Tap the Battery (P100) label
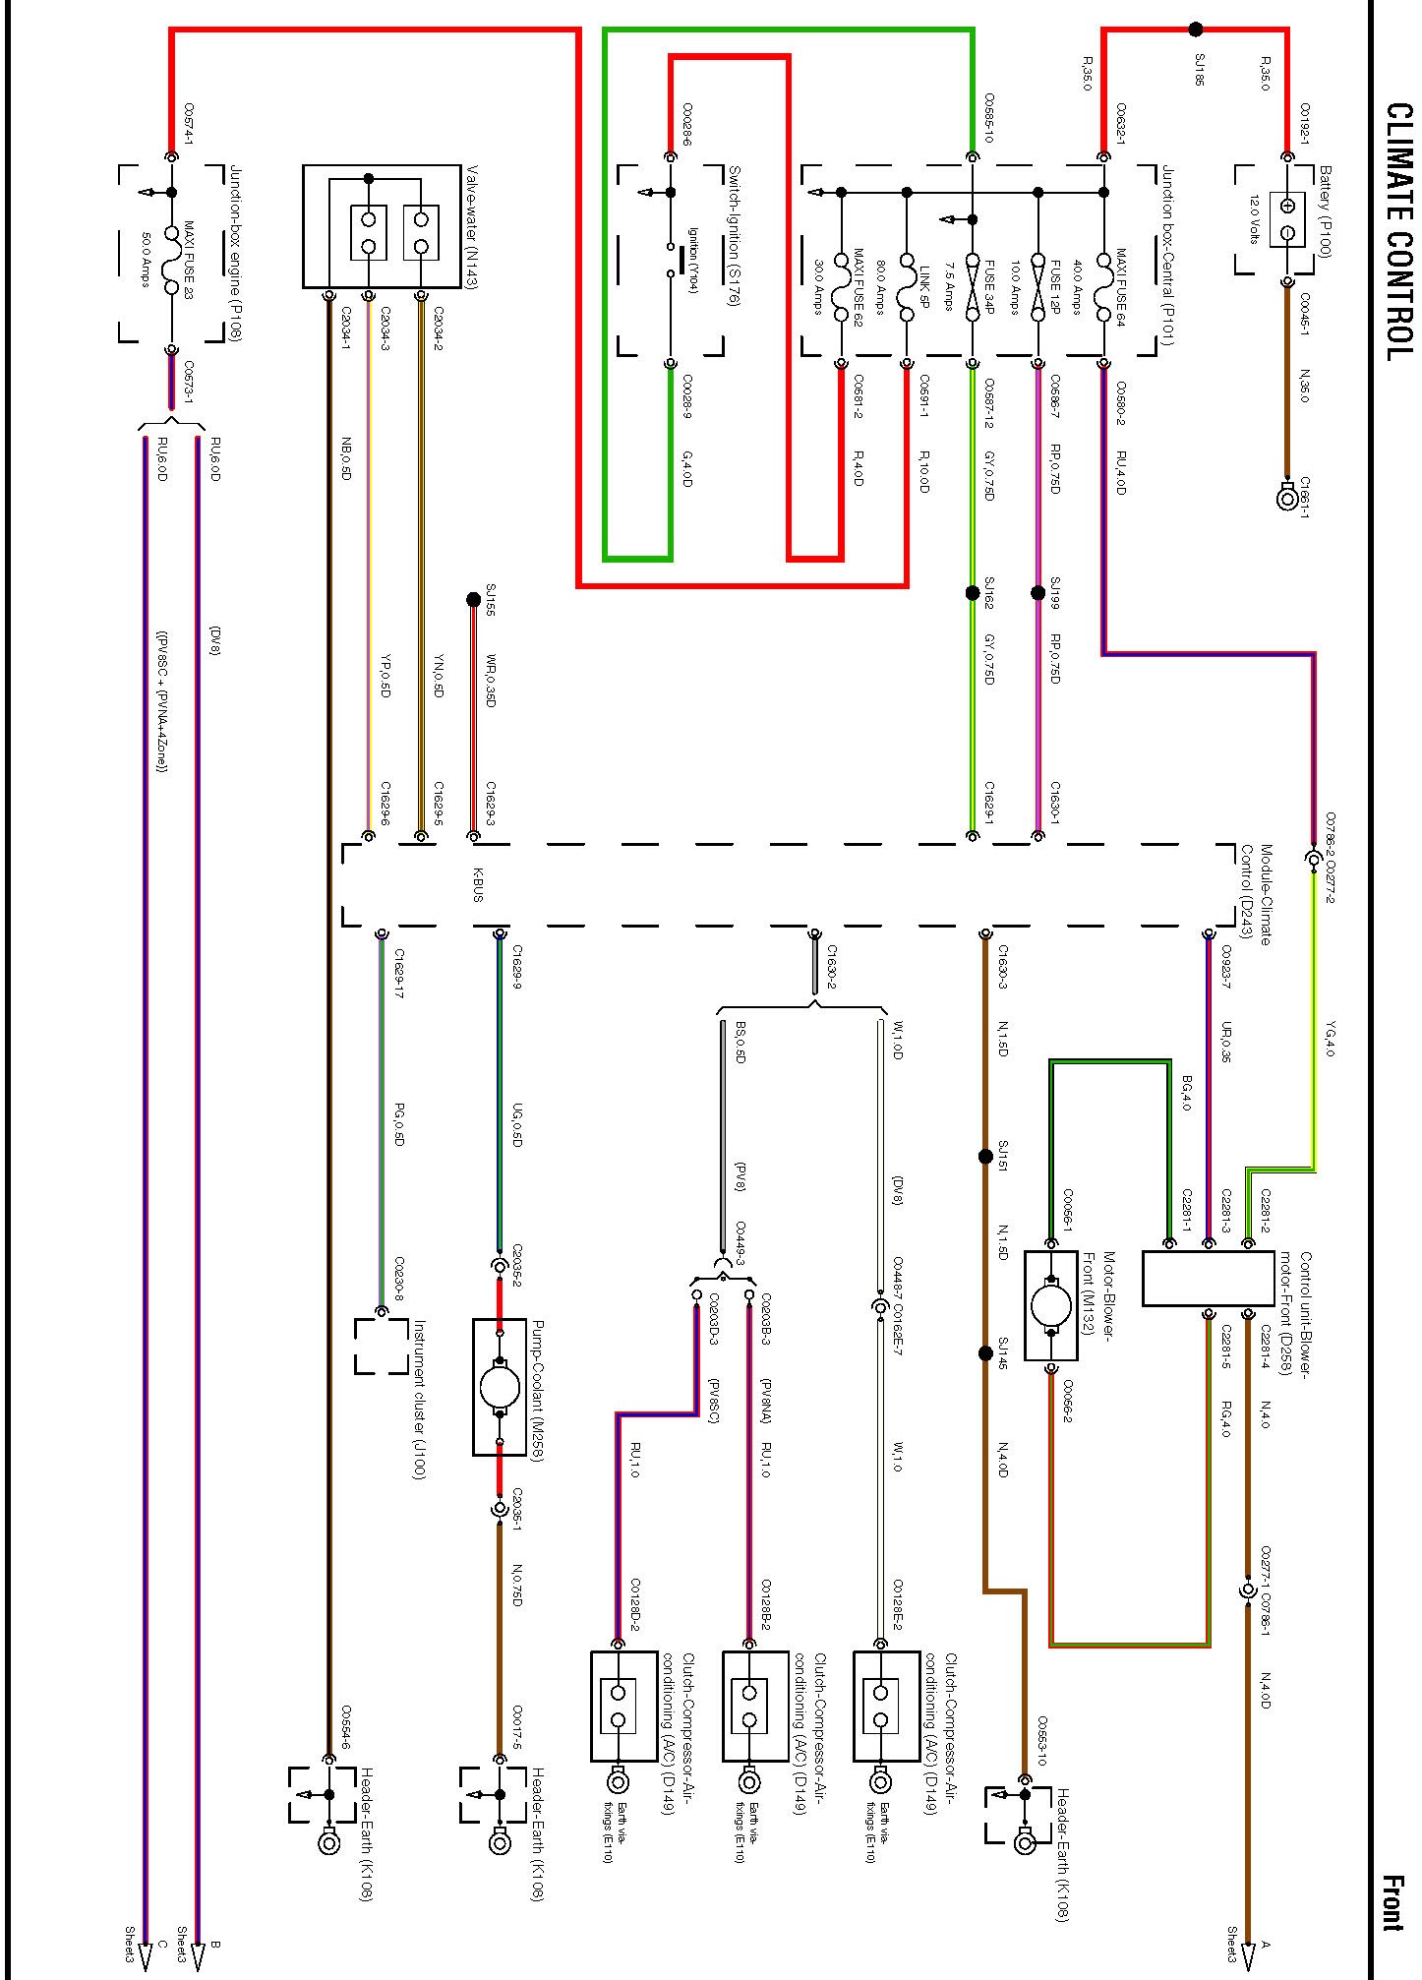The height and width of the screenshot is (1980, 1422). coord(1325,211)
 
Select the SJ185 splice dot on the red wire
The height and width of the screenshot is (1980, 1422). coord(1196,30)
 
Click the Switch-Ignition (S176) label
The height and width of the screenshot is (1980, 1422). coord(733,236)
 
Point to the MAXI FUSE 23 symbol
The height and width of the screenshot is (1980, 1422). coord(171,261)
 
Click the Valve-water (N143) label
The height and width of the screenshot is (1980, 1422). coord(471,225)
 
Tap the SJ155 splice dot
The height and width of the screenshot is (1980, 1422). coord(473,598)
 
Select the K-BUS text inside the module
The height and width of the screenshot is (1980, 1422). coord(478,884)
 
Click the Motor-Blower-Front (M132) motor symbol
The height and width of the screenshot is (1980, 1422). coord(1051,1306)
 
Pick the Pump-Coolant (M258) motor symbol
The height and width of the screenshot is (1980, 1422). coord(500,1387)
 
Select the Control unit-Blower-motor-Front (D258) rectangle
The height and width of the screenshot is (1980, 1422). coord(1208,1279)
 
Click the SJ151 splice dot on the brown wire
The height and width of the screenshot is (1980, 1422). coord(985,1157)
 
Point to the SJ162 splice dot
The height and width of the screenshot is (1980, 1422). coord(973,593)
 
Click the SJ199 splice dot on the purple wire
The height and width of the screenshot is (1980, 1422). coord(1037,593)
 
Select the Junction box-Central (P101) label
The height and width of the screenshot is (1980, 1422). coord(1167,256)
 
